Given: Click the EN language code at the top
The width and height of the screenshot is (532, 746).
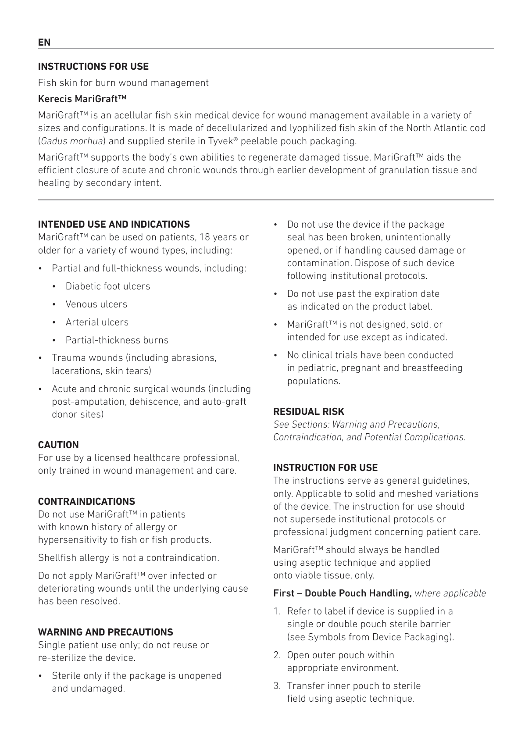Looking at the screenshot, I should [44, 43].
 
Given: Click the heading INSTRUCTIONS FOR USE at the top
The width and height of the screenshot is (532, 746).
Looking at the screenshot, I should [93, 67].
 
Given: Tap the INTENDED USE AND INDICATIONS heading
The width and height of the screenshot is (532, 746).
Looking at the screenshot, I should [114, 225].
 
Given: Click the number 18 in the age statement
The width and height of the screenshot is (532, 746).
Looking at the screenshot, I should [205, 237].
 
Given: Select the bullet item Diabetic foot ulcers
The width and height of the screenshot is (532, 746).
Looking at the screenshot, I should [107, 286].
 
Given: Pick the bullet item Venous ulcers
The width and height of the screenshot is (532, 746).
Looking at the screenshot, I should [96, 304].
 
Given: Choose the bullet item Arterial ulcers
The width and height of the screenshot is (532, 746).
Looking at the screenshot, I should [97, 322].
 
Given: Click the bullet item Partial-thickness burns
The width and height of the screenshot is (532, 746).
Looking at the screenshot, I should [117, 340].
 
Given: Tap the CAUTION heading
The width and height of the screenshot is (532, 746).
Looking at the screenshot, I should [58, 445].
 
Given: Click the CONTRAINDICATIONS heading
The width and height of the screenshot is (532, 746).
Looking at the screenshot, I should [86, 502].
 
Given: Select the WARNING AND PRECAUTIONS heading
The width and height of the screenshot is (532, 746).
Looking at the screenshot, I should [105, 632].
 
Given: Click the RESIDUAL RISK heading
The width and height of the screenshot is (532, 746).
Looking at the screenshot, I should [309, 412].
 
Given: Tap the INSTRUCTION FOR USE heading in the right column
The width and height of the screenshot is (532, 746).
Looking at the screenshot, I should [325, 468].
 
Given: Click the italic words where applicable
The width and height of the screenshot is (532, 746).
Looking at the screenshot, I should [450, 594].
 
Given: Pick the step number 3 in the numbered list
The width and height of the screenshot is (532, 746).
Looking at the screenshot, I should [276, 686].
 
